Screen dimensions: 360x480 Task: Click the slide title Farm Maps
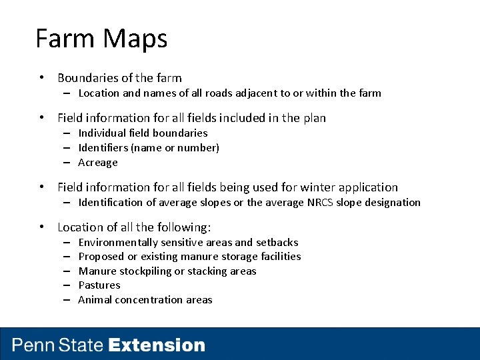click(x=101, y=39)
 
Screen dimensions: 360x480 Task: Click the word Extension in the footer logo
click(x=157, y=345)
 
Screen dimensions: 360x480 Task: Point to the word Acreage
click(x=98, y=163)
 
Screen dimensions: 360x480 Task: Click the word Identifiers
click(x=103, y=148)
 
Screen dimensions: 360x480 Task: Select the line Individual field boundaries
click(x=143, y=133)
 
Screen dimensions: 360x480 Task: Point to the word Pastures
click(x=99, y=285)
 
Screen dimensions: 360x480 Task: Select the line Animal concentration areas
click(x=145, y=300)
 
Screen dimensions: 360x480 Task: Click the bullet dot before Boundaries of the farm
click(x=42, y=78)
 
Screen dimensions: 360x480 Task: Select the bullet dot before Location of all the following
click(x=42, y=227)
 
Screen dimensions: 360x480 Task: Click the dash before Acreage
click(x=67, y=163)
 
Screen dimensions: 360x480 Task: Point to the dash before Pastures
click(x=67, y=285)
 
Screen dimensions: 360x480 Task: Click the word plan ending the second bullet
click(x=314, y=118)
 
